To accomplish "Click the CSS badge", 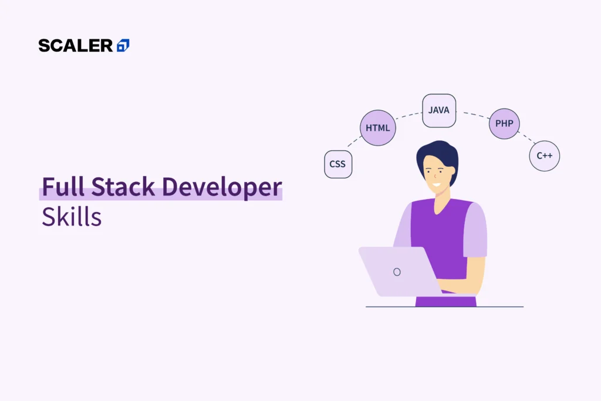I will coord(338,164).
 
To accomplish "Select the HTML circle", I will coord(377,128).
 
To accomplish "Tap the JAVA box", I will coord(439,110).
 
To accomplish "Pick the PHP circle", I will coord(504,124).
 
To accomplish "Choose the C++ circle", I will coord(544,156).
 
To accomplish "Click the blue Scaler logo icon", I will coord(123,45).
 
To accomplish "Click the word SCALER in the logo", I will coord(76,45).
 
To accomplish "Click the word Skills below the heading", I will coord(72,217).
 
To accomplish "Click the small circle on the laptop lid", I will coord(397,272).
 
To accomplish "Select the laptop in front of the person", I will coord(399,271).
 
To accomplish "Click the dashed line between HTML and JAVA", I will coord(409,116).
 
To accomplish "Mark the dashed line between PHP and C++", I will coord(526,138).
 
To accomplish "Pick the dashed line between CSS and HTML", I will coord(353,141).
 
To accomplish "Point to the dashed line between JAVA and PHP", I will coord(472,114).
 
